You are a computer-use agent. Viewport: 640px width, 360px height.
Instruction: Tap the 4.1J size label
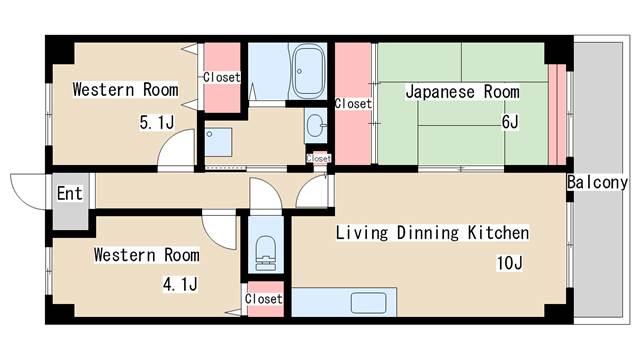[180, 284]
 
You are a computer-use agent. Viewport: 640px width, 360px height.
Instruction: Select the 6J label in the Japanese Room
[510, 122]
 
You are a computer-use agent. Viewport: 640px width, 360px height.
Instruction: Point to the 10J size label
[510, 263]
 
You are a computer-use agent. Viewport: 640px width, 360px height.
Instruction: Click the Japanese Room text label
[462, 92]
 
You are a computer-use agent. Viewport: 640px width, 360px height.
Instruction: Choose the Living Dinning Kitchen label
[431, 233]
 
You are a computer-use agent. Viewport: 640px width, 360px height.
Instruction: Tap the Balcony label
[597, 183]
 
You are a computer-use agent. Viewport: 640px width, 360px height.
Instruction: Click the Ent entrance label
[69, 193]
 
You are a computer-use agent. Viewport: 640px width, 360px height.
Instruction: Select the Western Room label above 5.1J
[125, 90]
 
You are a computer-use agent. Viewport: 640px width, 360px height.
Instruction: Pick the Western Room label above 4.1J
[146, 255]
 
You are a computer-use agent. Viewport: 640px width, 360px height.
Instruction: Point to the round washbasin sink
[316, 126]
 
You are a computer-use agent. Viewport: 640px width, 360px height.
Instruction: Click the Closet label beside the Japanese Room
[353, 103]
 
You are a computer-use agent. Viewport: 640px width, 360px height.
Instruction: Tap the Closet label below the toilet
[264, 299]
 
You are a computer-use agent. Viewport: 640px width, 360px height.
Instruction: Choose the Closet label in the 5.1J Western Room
[221, 77]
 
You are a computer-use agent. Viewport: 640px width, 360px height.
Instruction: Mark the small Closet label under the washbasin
[319, 158]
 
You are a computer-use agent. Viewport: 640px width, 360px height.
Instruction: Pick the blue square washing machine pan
[217, 138]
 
